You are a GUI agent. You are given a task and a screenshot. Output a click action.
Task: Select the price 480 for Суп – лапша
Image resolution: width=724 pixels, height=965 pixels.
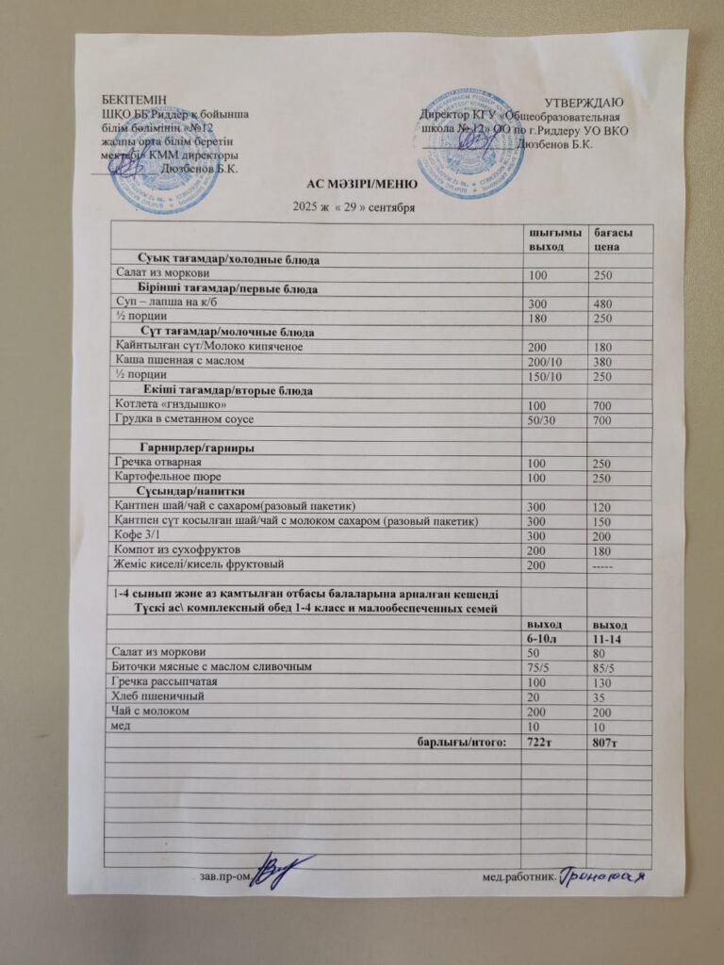(601, 303)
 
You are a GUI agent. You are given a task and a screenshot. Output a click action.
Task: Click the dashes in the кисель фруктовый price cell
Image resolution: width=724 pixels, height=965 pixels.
(603, 564)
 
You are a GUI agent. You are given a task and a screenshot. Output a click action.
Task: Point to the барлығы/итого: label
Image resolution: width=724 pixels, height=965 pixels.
(462, 742)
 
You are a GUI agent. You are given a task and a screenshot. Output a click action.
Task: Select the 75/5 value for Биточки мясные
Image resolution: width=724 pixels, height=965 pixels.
(539, 666)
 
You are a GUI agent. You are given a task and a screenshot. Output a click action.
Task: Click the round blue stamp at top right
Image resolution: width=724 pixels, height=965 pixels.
(470, 141)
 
